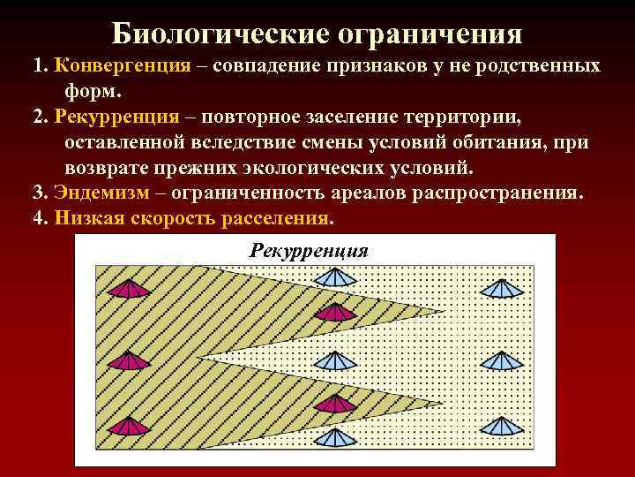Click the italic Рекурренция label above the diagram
[308, 251]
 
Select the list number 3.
[38, 193]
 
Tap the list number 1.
[38, 66]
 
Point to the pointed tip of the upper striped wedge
[444, 310]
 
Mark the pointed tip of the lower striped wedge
[444, 405]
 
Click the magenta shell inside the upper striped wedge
[335, 312]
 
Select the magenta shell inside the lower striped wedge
[333, 405]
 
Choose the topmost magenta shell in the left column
[130, 289]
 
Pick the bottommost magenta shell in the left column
[130, 428]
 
